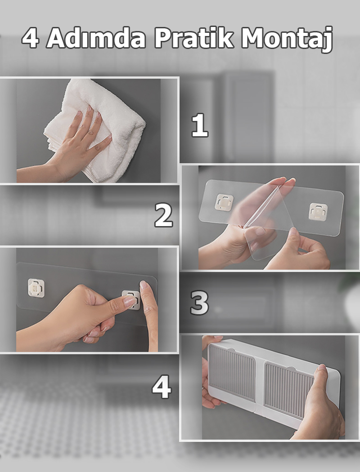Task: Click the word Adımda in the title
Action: [96, 38]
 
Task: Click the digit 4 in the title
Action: [30, 38]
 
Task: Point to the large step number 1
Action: [200, 125]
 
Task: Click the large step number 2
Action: [164, 215]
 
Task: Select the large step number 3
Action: [199, 303]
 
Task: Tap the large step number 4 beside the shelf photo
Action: [162, 387]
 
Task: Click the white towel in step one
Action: [99, 126]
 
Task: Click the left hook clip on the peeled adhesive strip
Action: [224, 202]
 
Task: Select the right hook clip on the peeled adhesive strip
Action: [318, 212]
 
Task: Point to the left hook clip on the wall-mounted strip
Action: [36, 288]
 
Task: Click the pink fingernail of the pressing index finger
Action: [130, 302]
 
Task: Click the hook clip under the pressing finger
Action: [131, 299]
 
